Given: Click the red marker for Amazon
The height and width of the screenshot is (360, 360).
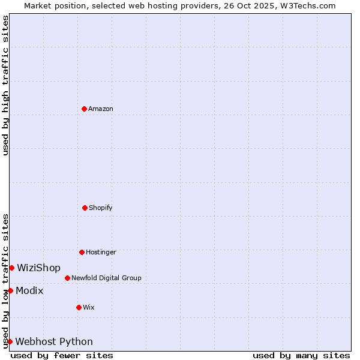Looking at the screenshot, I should coord(84,109).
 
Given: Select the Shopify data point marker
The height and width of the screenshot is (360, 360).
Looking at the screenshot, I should coord(85,208).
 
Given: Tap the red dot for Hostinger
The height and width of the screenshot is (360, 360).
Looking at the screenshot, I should coord(82,252).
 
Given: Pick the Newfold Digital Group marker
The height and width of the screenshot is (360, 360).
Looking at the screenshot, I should coord(67,278).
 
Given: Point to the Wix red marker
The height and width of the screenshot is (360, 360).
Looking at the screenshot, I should coord(79,307).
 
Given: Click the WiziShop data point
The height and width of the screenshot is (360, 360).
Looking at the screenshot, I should coord(11,268).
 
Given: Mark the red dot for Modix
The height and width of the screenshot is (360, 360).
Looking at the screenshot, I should coord(10,290).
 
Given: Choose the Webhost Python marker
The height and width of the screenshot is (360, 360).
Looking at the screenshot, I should coord(10,341).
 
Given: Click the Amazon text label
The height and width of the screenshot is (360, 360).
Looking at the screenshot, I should coord(101,109).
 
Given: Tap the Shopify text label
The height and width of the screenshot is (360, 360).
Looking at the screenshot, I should coord(101,208).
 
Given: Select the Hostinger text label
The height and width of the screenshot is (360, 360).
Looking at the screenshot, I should coord(101,252).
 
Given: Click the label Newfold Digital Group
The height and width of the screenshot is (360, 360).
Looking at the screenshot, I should coord(106,278).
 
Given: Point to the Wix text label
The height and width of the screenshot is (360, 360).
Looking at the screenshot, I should coord(89,307).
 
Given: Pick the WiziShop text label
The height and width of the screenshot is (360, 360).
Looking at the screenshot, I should coord(38,268).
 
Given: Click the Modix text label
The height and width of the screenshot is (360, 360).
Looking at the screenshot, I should coord(29,290).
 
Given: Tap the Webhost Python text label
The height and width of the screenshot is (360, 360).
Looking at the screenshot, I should coord(54,341).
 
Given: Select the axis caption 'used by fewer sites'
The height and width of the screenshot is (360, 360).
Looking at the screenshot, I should coord(62,355).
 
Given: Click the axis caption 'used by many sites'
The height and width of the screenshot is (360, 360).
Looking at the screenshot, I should coord(301,355).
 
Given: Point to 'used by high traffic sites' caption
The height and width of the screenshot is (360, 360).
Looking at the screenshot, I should coord(5,85).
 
